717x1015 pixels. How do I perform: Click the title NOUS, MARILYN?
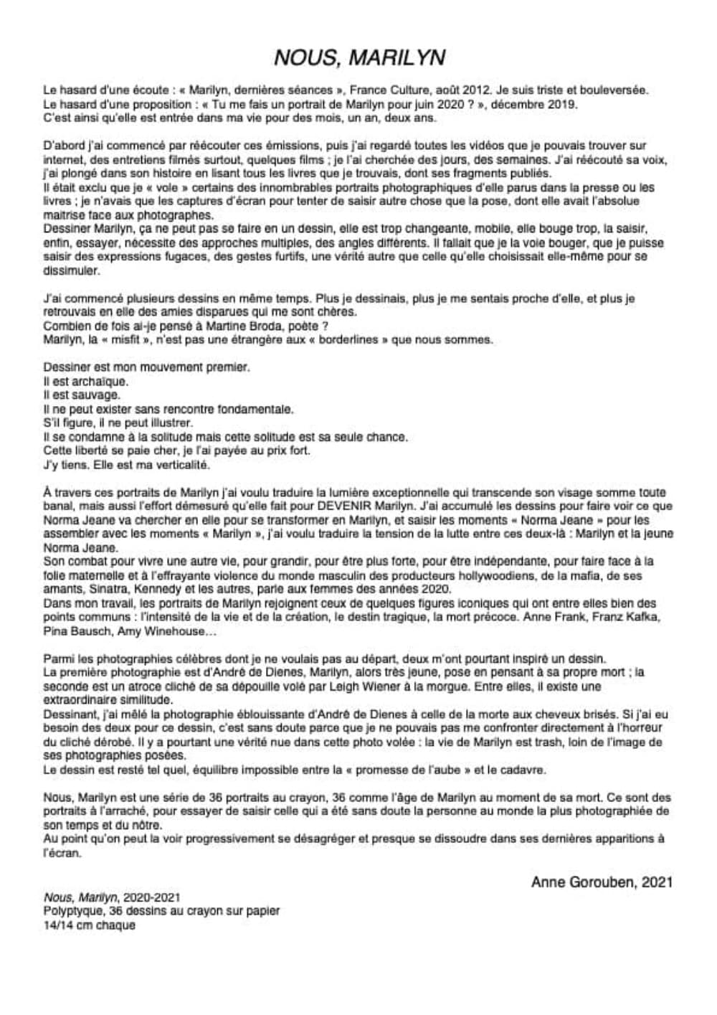pos(359,57)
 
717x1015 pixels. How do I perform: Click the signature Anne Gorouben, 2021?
pos(601,882)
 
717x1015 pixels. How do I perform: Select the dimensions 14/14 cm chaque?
pos(89,925)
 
